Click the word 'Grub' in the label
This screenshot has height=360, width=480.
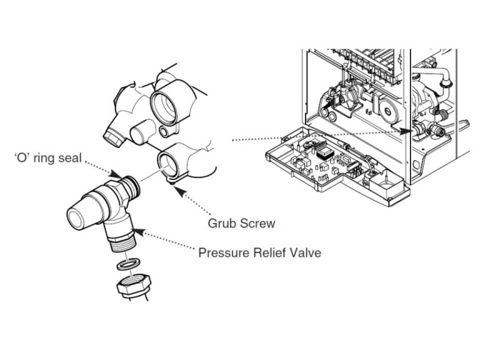(x=221, y=222)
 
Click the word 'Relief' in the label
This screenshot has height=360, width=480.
(x=269, y=253)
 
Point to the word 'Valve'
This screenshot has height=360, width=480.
(x=305, y=253)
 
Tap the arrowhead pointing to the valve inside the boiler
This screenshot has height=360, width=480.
(x=407, y=131)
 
